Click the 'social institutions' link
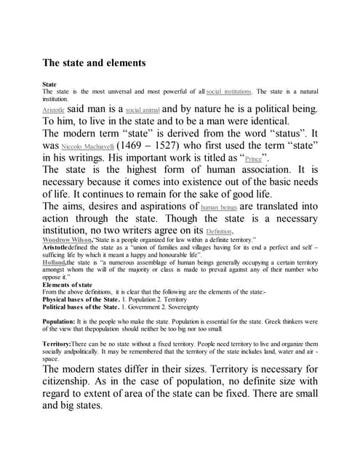click(x=229, y=92)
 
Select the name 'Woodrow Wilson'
click(x=71, y=239)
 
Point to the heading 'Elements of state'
click(x=67, y=284)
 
